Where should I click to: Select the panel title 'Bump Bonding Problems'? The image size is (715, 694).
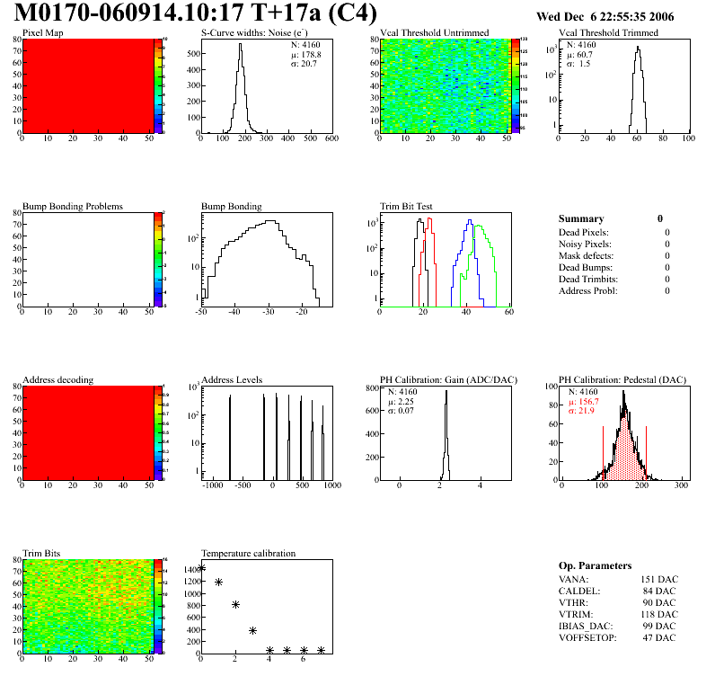coord(72,206)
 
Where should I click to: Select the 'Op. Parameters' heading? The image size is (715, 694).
coord(595,565)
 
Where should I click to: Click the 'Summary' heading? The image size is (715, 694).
coord(580,218)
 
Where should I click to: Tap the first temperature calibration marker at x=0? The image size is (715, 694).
coord(201,567)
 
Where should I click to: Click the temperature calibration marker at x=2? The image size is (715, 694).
coord(235,604)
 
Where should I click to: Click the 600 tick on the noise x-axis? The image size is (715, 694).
coord(331,139)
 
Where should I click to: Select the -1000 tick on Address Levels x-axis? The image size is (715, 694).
coord(212,485)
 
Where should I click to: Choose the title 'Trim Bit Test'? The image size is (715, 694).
coord(406,206)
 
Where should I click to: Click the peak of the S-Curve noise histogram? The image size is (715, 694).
coord(240,46)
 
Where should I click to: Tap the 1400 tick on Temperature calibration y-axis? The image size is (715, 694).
coord(191,569)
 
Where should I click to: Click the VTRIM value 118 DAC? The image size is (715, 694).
coord(658,615)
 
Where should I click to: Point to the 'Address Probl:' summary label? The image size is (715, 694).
coord(588,290)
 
